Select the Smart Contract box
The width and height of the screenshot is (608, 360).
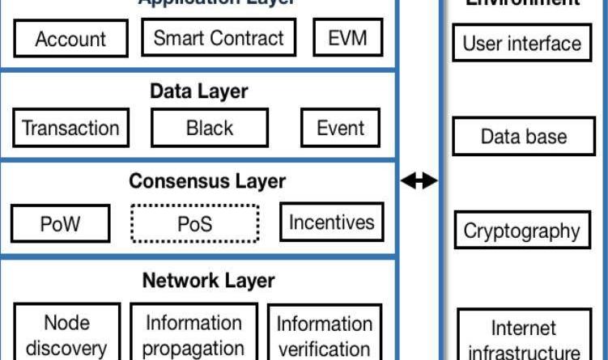[219, 38]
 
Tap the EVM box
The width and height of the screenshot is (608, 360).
[347, 38]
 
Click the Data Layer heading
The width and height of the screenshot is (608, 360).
[198, 91]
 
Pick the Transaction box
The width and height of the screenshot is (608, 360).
[70, 128]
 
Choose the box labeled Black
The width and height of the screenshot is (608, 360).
[209, 128]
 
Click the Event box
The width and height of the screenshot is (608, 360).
[341, 128]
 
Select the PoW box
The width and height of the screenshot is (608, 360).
[61, 222]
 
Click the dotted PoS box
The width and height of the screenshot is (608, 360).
[195, 222]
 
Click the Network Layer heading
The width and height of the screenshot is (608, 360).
[208, 281]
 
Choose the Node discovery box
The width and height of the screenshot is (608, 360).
[66, 333]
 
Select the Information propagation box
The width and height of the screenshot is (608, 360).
[193, 333]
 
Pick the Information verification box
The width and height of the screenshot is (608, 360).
[325, 333]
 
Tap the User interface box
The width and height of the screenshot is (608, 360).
[522, 43]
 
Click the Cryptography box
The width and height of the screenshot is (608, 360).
[522, 230]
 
